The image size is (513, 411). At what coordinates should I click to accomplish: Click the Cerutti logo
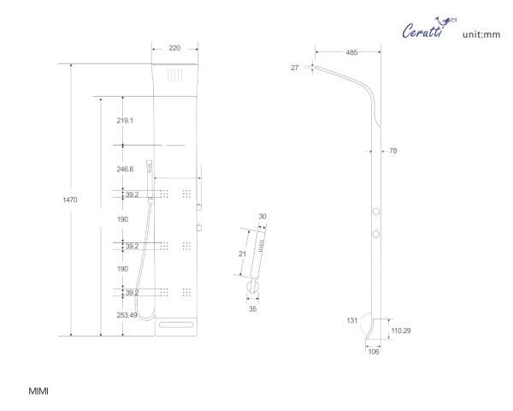click(x=429, y=28)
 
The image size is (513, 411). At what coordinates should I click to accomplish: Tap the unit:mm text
click(x=481, y=34)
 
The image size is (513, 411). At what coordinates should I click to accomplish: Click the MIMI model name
click(x=38, y=391)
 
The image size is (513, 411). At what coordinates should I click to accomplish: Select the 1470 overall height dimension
click(x=70, y=200)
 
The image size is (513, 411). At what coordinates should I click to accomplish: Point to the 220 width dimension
click(x=174, y=48)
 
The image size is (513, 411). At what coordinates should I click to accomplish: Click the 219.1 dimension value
click(x=125, y=121)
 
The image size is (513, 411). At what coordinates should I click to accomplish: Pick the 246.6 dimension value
click(x=125, y=170)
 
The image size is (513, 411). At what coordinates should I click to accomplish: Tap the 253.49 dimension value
click(x=127, y=315)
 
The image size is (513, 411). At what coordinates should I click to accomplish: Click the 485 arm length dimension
click(x=351, y=52)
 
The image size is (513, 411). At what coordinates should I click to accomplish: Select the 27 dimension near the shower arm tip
click(x=295, y=68)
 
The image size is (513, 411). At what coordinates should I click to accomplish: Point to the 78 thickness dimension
click(x=393, y=151)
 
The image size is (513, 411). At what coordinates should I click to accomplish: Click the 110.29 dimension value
click(x=401, y=331)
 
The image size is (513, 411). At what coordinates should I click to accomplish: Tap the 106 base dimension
click(x=374, y=352)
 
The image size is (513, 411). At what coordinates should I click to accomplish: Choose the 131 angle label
click(x=352, y=320)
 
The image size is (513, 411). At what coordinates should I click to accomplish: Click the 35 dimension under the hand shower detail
click(x=252, y=309)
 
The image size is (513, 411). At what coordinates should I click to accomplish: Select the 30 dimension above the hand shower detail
click(x=262, y=217)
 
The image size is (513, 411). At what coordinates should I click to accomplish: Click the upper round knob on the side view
click(x=376, y=211)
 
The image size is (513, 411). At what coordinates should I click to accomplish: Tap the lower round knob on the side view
click(x=376, y=234)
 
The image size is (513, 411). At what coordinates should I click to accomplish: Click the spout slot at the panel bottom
click(x=176, y=325)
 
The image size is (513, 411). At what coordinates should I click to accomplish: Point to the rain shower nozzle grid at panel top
click(x=175, y=75)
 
